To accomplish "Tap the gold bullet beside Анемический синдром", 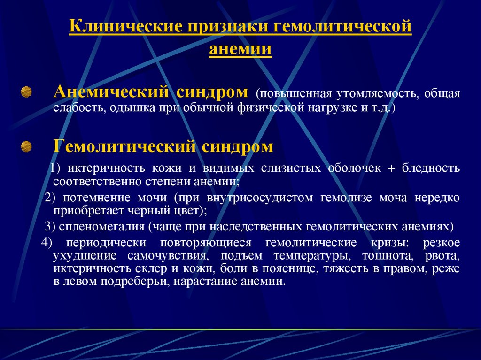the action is [26, 92].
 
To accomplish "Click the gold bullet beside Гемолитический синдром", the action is [26, 146].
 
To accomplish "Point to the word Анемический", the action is [111, 92].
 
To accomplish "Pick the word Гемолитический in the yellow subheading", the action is [124, 146].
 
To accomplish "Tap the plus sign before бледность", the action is [391, 169].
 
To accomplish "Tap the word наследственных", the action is [256, 227].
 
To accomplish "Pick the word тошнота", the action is [390, 256].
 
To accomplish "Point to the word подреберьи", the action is [134, 282].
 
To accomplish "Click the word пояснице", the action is [289, 269].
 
